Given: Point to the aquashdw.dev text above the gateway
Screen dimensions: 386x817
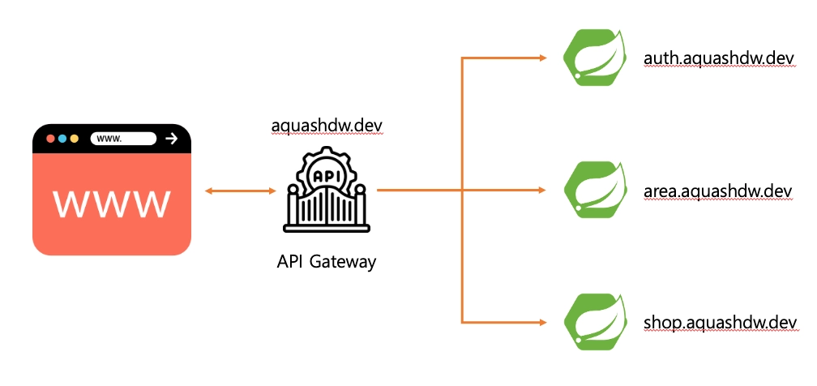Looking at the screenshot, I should click(327, 127).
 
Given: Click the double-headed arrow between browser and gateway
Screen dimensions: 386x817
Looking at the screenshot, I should click(241, 191).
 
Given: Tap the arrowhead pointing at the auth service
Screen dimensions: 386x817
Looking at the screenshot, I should click(543, 58).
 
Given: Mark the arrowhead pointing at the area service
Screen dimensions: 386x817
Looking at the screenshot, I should click(543, 191).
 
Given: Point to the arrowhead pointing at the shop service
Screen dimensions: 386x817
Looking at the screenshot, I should click(543, 322).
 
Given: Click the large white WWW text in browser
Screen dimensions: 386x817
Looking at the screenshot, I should click(111, 204).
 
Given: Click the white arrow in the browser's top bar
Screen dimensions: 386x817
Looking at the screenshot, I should click(170, 139).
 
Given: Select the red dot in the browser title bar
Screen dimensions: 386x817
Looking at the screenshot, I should click(50, 139).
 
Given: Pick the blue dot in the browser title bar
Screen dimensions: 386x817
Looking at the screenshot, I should click(62, 139).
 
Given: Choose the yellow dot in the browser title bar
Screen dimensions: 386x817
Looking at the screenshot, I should click(75, 139).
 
